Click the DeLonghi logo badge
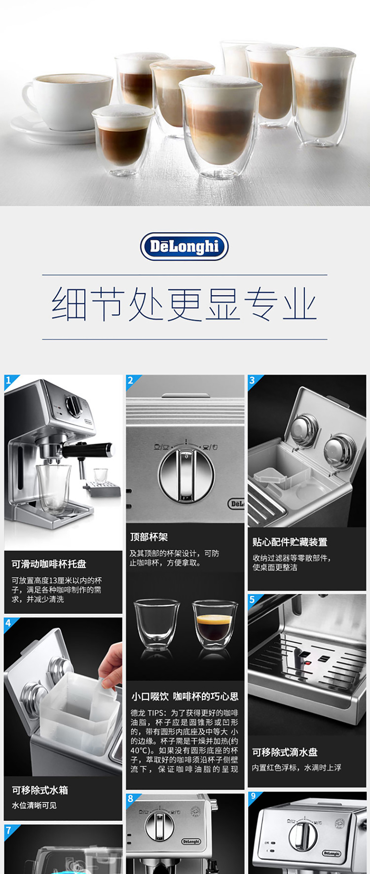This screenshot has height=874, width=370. pos(185,246)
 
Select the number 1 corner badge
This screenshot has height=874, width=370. pos(10,382)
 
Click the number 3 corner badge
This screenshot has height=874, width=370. pos(254,381)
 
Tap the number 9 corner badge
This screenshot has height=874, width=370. pos(254,797)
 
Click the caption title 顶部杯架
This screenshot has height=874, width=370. pos(149,537)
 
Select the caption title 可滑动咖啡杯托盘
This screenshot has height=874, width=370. pos(49,563)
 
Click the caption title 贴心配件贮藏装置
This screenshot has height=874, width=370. pos(290,542)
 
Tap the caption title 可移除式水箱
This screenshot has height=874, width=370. pos(40,790)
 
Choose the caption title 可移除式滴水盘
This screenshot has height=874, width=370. pos(285,752)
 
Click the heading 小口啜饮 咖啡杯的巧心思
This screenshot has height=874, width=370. pos(185,697)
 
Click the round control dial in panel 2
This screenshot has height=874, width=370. pos(186,474)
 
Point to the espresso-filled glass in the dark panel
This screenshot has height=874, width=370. pos(215,624)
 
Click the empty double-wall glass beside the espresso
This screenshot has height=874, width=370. pos(157,624)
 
